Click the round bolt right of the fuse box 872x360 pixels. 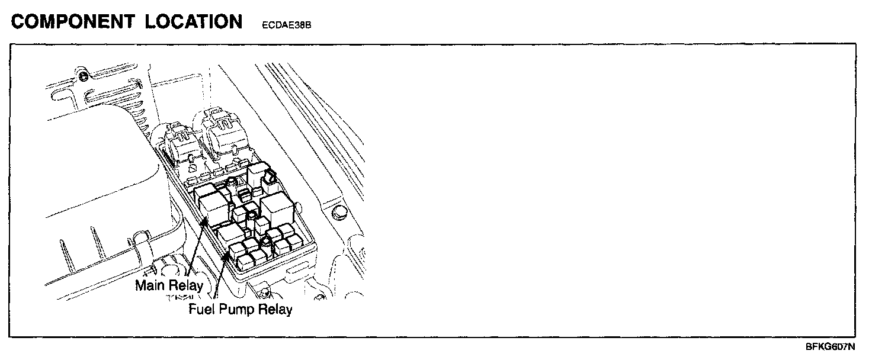[338, 213]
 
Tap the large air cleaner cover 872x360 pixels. [95, 178]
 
